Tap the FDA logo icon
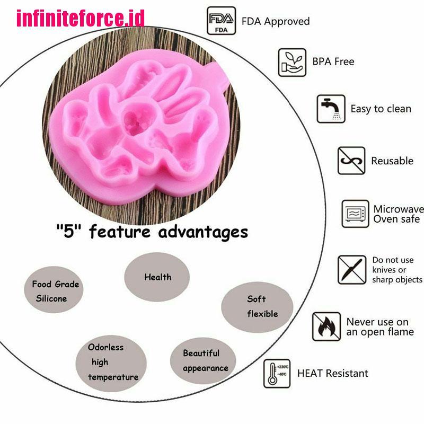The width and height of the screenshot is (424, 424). (x=220, y=21)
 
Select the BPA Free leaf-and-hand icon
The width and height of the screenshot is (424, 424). (x=292, y=63)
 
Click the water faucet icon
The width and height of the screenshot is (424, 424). (x=331, y=109)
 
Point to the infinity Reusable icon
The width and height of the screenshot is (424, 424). (x=351, y=161)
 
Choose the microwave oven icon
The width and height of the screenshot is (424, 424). (x=355, y=214)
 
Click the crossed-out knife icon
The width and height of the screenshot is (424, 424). (x=351, y=269)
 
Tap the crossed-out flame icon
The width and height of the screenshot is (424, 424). (x=326, y=326)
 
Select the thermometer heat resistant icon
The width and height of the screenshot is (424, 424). (x=277, y=373)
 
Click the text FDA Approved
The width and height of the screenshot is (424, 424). (x=276, y=22)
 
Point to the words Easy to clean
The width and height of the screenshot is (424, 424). (x=381, y=109)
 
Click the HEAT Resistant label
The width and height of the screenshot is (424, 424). (x=332, y=373)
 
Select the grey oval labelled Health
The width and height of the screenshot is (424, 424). (x=157, y=276)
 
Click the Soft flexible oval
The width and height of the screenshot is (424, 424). (x=257, y=306)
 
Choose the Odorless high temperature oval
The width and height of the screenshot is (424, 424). (x=112, y=362)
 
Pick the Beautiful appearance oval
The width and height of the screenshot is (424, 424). (x=205, y=360)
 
